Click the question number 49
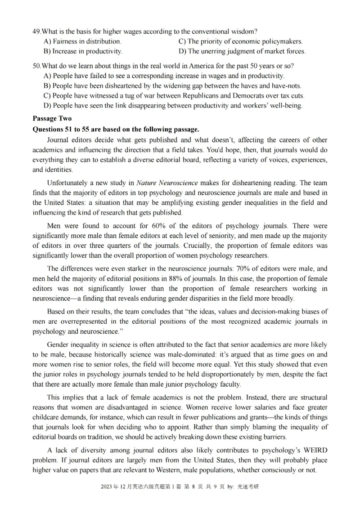[x=36, y=31]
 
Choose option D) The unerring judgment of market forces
[x=242, y=51]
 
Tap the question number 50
[x=36, y=66]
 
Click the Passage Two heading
[x=52, y=119]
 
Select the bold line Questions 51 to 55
[x=116, y=129]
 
